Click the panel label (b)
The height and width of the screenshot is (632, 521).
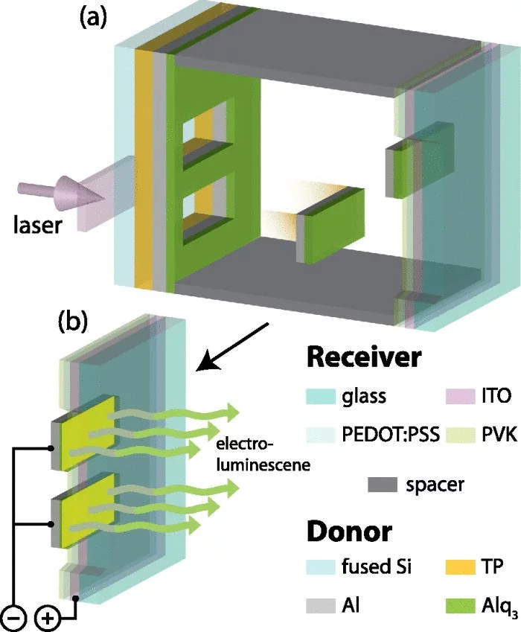click(x=73, y=322)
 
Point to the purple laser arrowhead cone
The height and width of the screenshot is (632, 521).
click(x=81, y=192)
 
